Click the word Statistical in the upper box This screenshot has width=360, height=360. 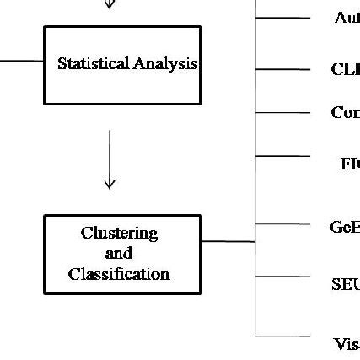[93, 63]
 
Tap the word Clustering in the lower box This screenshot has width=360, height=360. [119, 233]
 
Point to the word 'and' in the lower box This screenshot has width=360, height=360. [118, 253]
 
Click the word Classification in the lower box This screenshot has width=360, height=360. [119, 274]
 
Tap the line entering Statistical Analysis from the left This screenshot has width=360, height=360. [21, 61]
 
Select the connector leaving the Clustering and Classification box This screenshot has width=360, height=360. [228, 241]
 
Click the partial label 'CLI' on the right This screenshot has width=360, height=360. [345, 70]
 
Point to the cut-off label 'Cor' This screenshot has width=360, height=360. [345, 113]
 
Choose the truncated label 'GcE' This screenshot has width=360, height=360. [344, 226]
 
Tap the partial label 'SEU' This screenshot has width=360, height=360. [345, 285]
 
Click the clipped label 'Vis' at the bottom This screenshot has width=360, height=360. [346, 344]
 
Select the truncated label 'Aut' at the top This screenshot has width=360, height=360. [347, 18]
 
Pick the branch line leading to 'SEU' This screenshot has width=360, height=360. [282, 276]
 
